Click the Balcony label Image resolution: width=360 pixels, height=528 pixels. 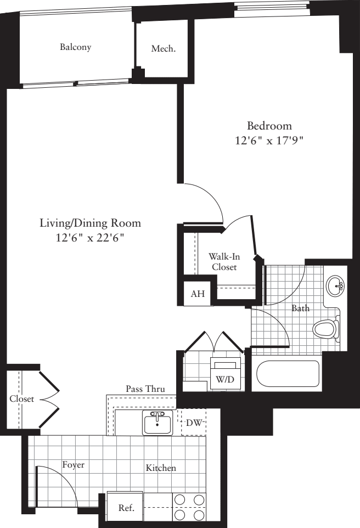point(76,47)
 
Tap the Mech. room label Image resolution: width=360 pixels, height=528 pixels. point(164,49)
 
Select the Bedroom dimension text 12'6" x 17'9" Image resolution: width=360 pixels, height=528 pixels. point(269,140)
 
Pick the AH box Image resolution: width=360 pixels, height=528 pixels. point(198,294)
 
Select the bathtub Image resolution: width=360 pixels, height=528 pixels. point(288,375)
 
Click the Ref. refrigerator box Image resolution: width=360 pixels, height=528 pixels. point(126,508)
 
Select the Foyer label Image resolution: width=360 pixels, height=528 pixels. point(72,465)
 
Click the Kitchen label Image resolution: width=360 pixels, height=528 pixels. point(161,468)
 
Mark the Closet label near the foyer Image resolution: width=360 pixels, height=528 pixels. point(21,399)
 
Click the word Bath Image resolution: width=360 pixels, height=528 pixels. point(300,308)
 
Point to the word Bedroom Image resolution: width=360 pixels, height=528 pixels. point(269,126)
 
